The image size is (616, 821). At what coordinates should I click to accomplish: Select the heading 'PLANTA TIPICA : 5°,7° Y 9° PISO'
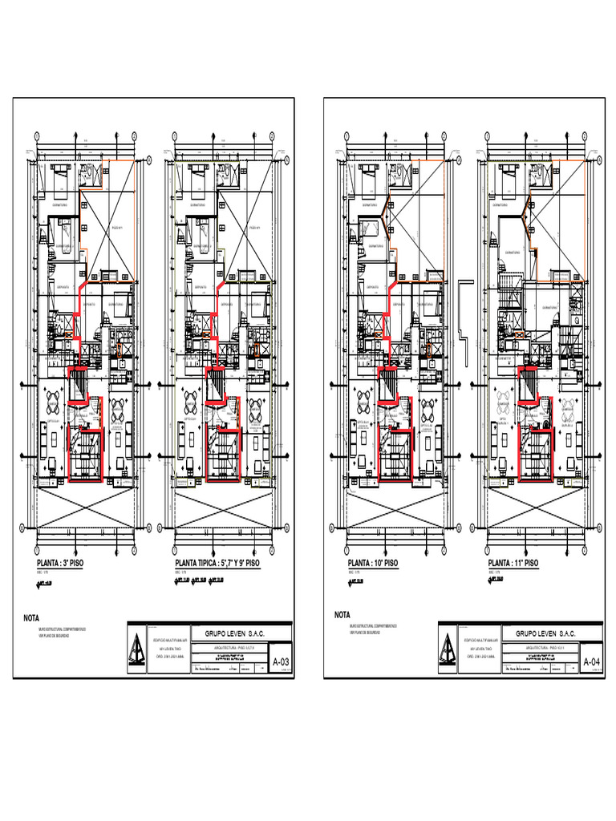point(217,564)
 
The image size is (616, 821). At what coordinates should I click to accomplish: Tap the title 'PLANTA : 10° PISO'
point(373,564)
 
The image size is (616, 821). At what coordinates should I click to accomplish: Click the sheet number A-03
point(281,662)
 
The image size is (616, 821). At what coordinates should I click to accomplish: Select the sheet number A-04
point(591,662)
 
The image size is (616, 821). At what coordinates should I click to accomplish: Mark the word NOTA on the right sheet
point(343,615)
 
